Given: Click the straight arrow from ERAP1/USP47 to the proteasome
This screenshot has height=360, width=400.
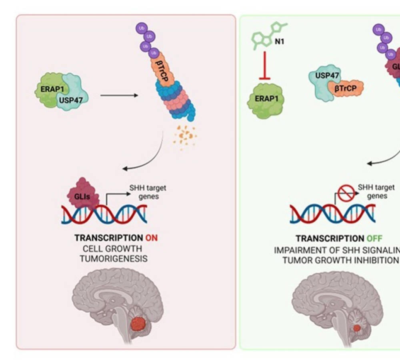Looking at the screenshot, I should (119, 96).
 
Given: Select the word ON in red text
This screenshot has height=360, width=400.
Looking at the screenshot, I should (152, 238).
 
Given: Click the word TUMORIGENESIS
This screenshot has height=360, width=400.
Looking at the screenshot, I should (113, 259).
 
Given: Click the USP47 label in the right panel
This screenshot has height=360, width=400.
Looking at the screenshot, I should (324, 76).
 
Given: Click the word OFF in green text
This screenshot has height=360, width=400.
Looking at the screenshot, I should (374, 239).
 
